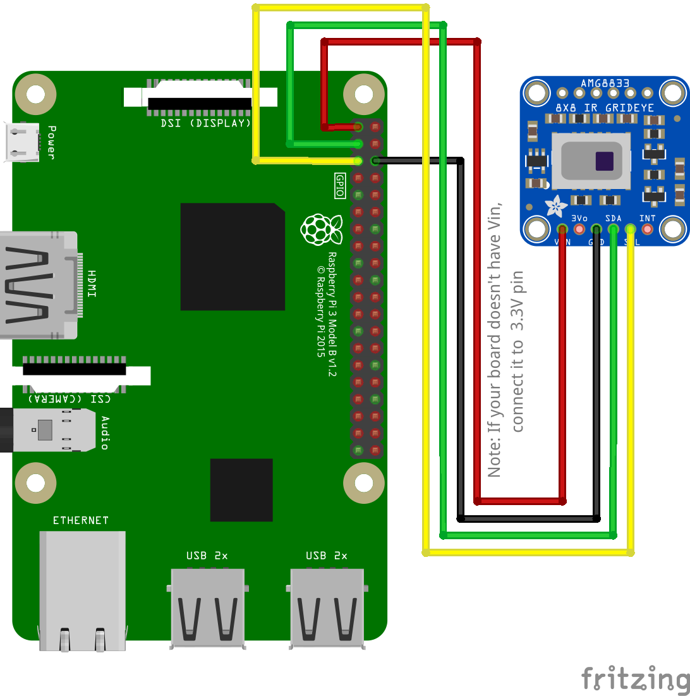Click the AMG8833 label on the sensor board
click(604, 83)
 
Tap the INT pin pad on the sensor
click(647, 229)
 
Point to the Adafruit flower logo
click(557, 206)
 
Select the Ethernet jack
click(82, 588)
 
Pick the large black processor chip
click(232, 257)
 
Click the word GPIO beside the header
click(340, 186)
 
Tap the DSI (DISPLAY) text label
click(206, 123)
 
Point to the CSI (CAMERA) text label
click(70, 398)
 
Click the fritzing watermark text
click(635, 679)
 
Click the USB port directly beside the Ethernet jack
click(207, 607)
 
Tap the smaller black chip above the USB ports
click(241, 490)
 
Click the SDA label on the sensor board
click(613, 219)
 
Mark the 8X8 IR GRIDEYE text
click(604, 108)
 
